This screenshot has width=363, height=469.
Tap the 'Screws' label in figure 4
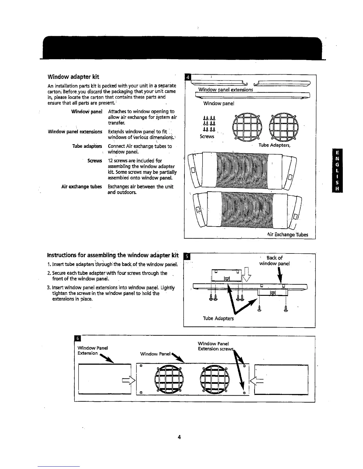(207, 136)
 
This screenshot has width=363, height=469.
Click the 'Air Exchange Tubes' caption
(287, 234)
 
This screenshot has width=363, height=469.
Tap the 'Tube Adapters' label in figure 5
(218, 318)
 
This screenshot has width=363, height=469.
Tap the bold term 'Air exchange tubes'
(82, 187)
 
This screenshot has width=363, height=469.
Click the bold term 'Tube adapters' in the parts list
(87, 146)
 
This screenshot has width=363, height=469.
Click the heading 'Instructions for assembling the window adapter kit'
(113, 256)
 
